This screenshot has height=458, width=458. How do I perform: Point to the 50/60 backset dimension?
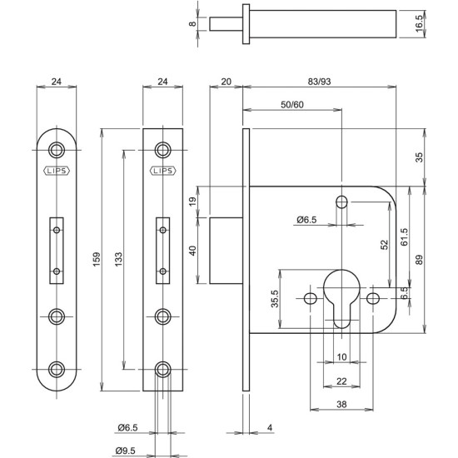tap(292, 104)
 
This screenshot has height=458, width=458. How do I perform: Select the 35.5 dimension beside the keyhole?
tap(275, 298)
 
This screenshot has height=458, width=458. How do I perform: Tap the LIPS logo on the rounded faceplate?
tap(56, 172)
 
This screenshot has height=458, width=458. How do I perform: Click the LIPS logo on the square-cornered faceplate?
tap(162, 172)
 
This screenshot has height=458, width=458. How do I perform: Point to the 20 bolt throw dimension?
tap(226, 82)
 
